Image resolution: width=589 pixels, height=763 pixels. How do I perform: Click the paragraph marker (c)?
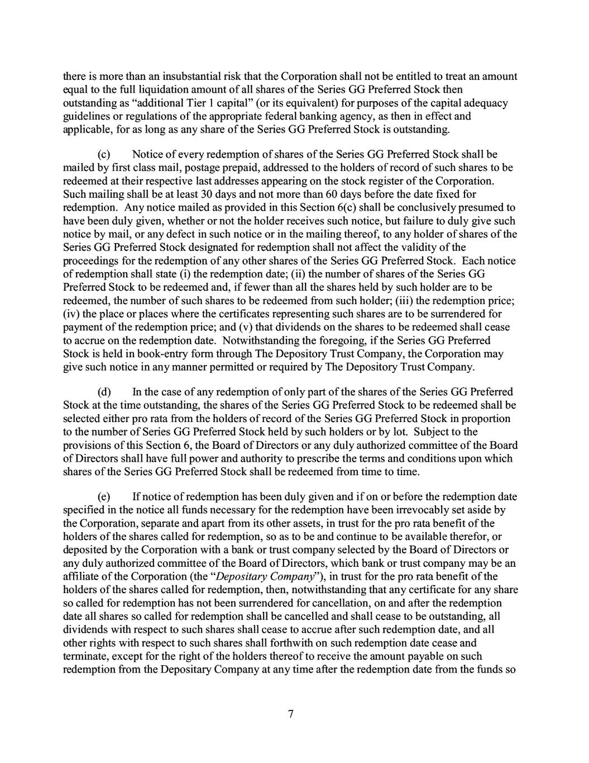pyautogui.click(x=104, y=154)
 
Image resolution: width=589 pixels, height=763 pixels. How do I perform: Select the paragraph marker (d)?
pyautogui.click(x=104, y=391)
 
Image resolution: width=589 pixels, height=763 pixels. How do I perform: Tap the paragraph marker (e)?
pyautogui.click(x=104, y=496)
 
